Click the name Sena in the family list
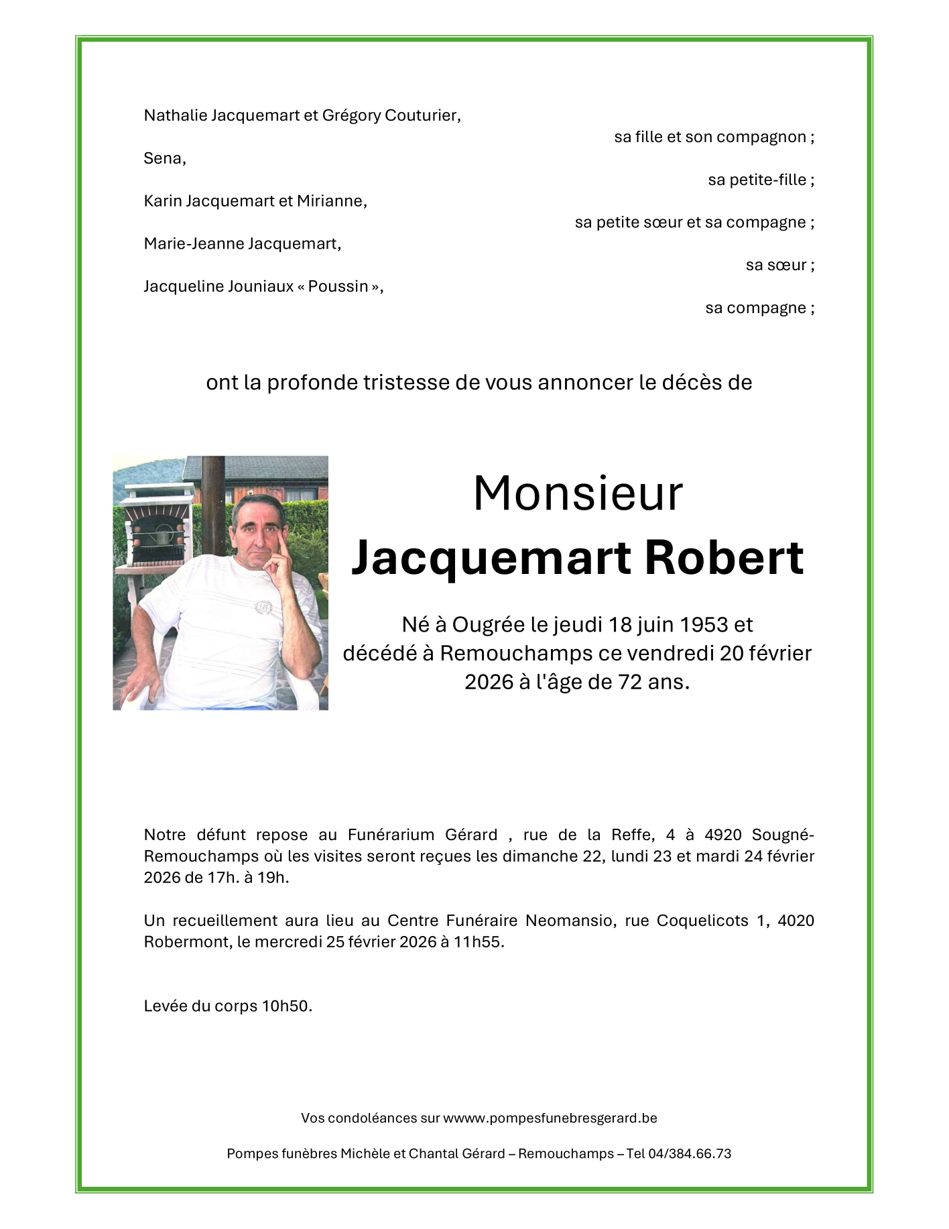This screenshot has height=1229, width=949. coord(163,158)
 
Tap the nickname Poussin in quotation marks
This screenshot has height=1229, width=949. coord(338,286)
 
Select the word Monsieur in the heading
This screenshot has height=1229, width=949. coord(578,493)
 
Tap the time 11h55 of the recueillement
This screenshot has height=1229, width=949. coord(477,941)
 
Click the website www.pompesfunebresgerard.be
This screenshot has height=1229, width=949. coord(550,1118)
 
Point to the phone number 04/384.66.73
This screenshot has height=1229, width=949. coord(690,1153)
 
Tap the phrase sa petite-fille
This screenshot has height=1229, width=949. coord(757,180)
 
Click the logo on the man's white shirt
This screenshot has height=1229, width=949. coord(263,607)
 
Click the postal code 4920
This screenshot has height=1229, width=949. coord(723,835)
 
